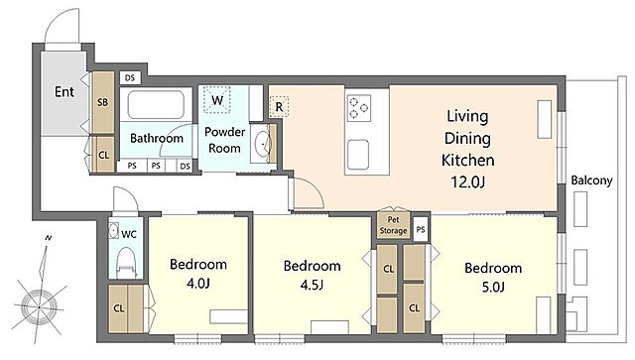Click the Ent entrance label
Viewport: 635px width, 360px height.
click(x=64, y=92)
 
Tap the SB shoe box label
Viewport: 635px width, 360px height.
click(x=103, y=102)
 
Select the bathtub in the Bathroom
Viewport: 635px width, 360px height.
click(x=156, y=105)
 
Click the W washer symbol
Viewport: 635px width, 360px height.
click(x=217, y=99)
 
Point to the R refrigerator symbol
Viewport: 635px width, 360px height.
click(x=279, y=107)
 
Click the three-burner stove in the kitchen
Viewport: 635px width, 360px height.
click(x=358, y=108)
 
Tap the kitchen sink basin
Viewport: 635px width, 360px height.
click(x=358, y=155)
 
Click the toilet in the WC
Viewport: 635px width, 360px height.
click(x=126, y=263)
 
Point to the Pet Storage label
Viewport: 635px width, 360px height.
click(x=393, y=225)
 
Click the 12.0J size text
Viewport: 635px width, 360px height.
click(x=467, y=182)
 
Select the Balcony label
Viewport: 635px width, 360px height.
click(x=591, y=180)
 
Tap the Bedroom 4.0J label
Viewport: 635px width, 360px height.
click(x=198, y=274)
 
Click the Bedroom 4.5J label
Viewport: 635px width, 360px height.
click(x=312, y=276)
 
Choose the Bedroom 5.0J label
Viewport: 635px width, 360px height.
click(x=493, y=278)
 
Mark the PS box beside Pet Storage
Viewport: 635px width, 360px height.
click(x=421, y=230)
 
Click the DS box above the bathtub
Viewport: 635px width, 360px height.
click(x=130, y=77)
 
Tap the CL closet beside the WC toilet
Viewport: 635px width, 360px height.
click(x=126, y=309)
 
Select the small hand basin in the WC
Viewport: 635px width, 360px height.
click(x=113, y=230)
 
